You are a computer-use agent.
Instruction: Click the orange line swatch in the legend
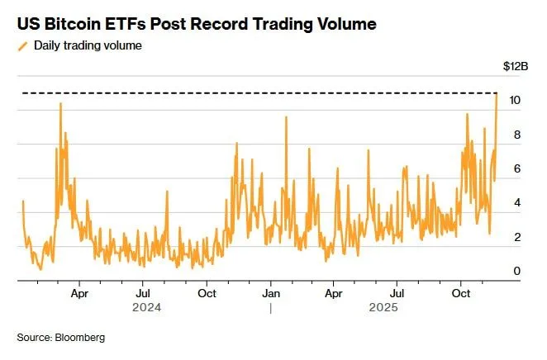point(21,45)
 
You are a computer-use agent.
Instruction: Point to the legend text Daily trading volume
point(88,45)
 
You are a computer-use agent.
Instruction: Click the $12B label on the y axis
point(515,66)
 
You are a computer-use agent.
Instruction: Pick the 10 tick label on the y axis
point(514,101)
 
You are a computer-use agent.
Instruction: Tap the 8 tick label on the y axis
point(516,135)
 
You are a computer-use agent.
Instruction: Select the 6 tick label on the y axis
point(516,169)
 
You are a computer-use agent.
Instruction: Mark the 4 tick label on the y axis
point(516,203)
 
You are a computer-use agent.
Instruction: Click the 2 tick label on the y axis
point(516,238)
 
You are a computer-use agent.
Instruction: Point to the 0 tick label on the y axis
point(516,272)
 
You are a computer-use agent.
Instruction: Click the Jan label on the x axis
point(270,293)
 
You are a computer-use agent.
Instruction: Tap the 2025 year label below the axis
point(397,308)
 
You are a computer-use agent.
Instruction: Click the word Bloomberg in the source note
point(80,338)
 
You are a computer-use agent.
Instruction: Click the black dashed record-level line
point(248,92)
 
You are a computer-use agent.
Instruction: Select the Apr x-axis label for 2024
point(79,293)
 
